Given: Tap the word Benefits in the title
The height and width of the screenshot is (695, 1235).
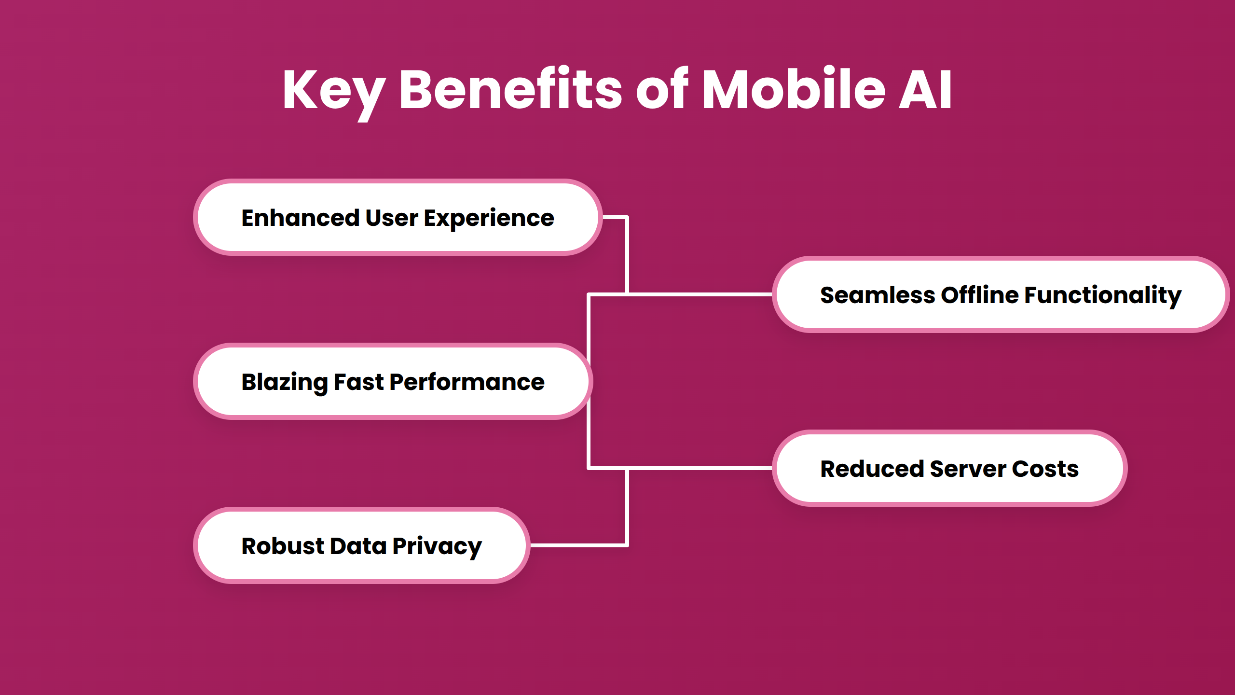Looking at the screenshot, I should pos(510,90).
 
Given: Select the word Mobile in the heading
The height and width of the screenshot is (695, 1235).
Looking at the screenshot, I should pos(793,90).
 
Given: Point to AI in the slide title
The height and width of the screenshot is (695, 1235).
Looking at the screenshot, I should pos(925,90).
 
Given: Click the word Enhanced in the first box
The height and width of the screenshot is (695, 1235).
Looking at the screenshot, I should pos(300,218).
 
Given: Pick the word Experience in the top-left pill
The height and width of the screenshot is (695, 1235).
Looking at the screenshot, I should pos(489,219).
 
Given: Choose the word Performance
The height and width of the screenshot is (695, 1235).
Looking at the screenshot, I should pos(467,382).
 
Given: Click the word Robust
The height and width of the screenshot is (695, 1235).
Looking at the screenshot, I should pos(283,546).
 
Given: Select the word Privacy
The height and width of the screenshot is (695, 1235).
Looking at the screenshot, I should pos(437,547).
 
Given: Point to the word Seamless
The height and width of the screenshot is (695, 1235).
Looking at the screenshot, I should pos(877,295).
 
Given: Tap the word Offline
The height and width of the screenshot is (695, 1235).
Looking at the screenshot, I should pos(979,295).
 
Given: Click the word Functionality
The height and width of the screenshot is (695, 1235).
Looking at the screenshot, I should pos(1103,295).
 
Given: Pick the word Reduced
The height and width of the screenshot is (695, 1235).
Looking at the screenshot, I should pos(872,469).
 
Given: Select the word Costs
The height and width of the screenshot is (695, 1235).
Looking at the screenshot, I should pos(1045,469).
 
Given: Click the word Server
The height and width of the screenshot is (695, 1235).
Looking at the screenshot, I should pos(968,469).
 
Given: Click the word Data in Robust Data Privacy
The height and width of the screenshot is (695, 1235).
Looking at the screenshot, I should pos(358,546).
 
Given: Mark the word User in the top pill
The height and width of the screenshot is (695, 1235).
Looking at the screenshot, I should pos(391,218).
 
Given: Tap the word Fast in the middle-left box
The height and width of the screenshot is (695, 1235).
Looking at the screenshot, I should pos(358,382).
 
